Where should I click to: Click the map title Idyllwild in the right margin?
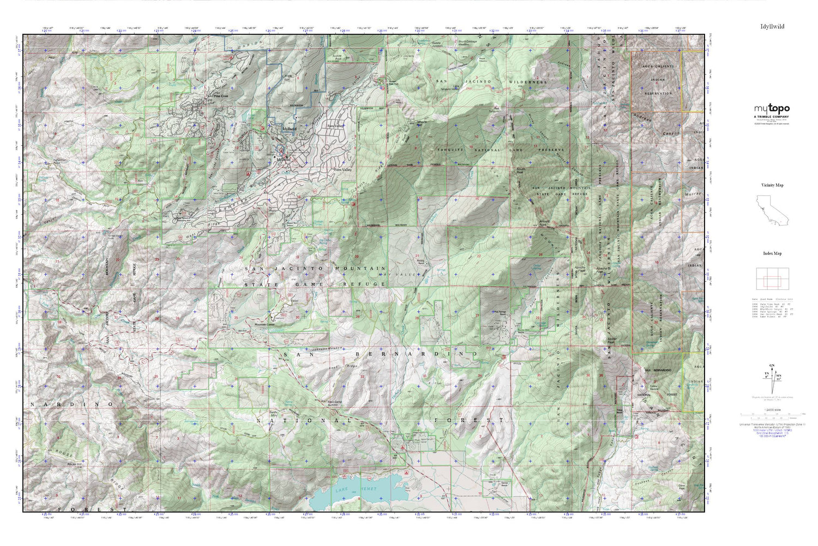[x=772, y=26]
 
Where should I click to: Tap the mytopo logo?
[x=772, y=109]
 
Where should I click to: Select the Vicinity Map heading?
[x=772, y=185]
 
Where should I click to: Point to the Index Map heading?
[x=772, y=253]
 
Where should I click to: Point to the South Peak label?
[x=521, y=170]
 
